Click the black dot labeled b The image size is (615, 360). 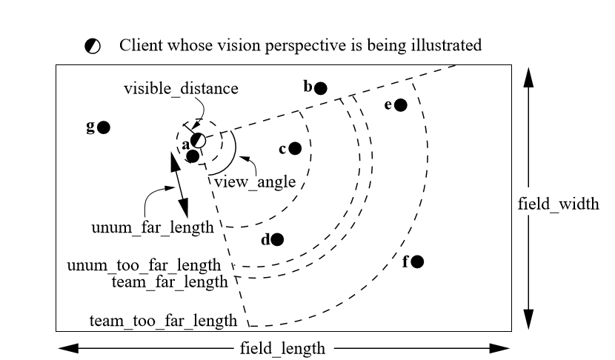(320, 88)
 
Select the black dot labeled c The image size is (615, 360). (295, 148)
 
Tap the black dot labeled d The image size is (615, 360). (277, 239)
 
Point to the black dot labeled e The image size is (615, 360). (401, 105)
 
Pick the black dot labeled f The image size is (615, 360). (418, 261)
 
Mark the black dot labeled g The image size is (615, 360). (104, 127)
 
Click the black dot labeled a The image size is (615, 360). (193, 156)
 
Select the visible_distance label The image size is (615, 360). (182, 89)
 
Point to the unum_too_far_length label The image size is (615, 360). (144, 265)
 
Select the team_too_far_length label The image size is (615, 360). (163, 321)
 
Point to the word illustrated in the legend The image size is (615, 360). (447, 46)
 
